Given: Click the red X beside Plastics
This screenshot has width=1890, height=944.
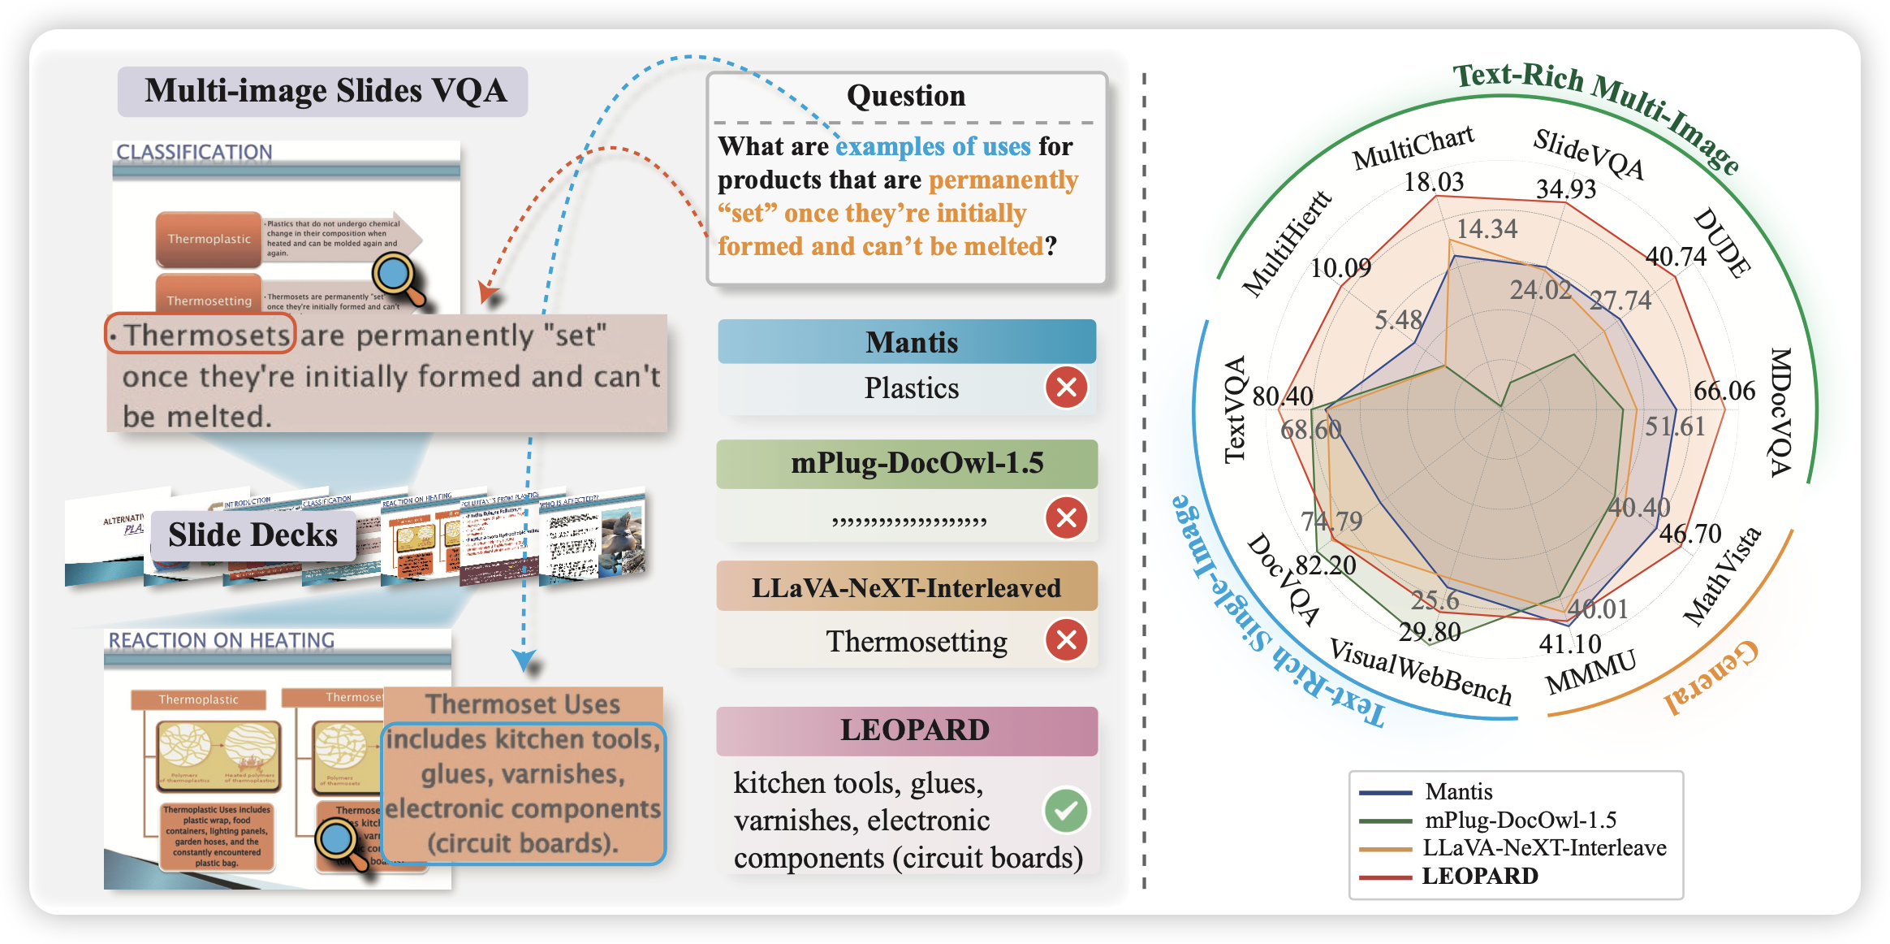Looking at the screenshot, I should click(x=1066, y=388).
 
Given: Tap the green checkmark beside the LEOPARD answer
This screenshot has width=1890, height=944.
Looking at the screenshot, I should click(x=1066, y=810).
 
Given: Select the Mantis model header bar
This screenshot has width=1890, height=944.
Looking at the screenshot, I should click(x=907, y=342).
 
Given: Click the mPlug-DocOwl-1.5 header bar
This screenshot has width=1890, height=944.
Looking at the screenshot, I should click(x=907, y=463).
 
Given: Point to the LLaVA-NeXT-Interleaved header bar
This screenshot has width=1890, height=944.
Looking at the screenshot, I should click(x=907, y=587).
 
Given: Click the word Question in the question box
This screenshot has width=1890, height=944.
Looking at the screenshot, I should click(x=906, y=96).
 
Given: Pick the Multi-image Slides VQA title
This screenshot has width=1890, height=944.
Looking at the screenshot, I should click(x=325, y=91).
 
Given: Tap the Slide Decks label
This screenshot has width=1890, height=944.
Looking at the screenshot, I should click(x=252, y=535).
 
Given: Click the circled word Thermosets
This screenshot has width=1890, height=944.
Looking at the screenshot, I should click(x=201, y=334).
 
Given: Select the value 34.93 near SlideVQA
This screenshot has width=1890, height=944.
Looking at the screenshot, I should click(x=1565, y=188).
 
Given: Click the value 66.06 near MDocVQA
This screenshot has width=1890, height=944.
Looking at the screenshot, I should click(x=1724, y=391).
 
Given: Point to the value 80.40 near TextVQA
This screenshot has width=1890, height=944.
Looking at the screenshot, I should click(x=1283, y=396).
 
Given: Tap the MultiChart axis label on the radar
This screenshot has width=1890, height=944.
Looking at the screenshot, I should click(x=1413, y=147).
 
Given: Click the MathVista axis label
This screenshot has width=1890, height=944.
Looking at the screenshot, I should click(x=1721, y=576).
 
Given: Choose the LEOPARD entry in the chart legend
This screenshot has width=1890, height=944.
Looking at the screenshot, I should click(x=1479, y=876).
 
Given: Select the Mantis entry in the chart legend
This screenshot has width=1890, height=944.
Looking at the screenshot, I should click(x=1458, y=791).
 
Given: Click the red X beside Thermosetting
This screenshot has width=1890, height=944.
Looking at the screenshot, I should click(x=1066, y=640).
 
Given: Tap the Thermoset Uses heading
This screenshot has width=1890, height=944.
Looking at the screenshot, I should click(x=523, y=704).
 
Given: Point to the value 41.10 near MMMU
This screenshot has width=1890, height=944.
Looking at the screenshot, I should click(x=1569, y=644).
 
